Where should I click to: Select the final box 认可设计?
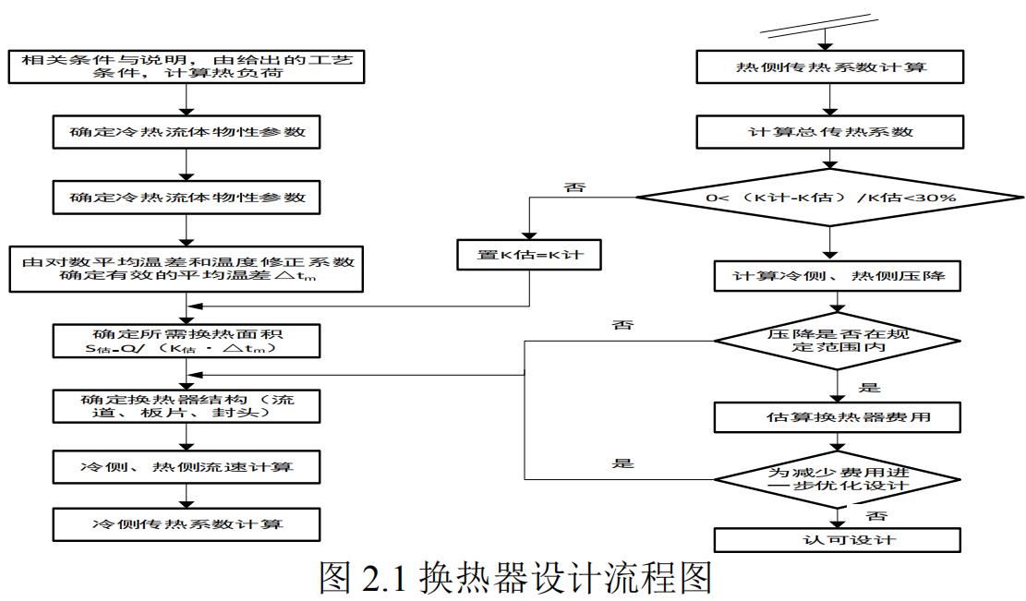click(835, 538)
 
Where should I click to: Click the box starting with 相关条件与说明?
click(187, 66)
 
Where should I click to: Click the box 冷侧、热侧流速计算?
click(187, 465)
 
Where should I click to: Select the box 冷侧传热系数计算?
click(187, 524)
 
